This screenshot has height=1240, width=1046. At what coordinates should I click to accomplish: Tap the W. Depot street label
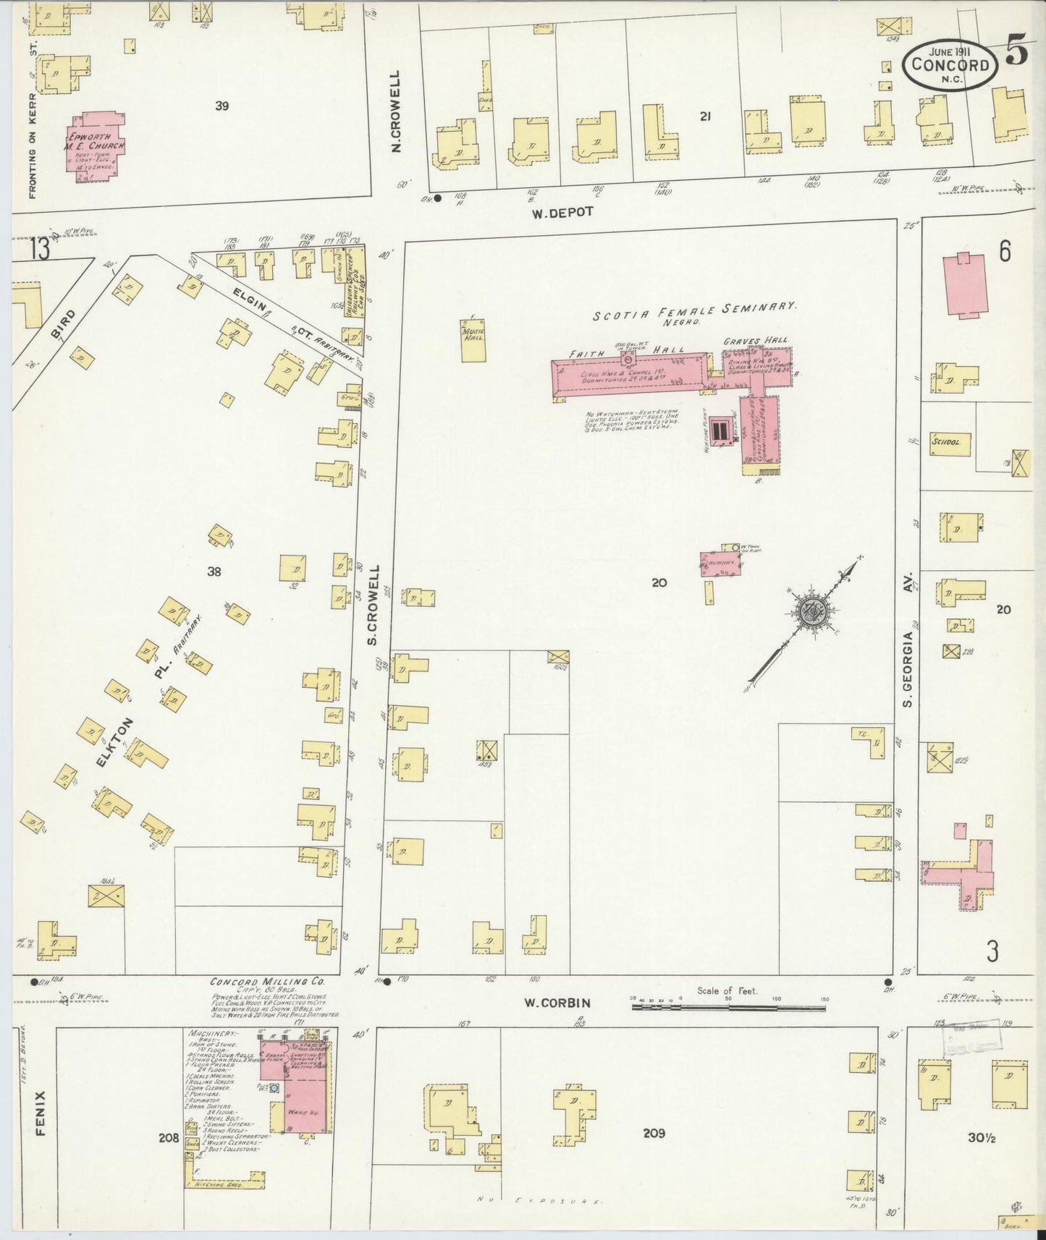point(562,212)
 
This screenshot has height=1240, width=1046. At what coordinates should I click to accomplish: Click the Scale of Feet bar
point(727,1006)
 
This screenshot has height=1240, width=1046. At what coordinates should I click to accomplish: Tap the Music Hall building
point(473,339)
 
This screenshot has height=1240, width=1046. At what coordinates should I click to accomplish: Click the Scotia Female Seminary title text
point(694,310)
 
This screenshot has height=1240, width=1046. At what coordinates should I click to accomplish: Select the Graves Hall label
point(756,340)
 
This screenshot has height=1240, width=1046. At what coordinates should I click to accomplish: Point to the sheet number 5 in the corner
point(1016,56)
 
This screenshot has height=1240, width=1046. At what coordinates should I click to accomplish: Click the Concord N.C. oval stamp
point(950,65)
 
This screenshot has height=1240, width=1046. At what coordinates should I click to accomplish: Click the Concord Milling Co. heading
point(267,982)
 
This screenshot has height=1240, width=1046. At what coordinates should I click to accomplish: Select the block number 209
point(653,1134)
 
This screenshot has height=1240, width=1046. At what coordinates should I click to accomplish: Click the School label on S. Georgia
point(946,441)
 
